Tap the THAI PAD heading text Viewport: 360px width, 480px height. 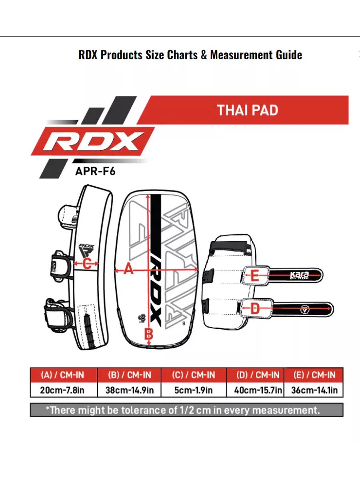(x=248, y=110)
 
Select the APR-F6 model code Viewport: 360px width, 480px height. (x=96, y=171)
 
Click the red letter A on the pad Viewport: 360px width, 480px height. (x=128, y=270)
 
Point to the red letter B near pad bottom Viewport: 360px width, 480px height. (x=149, y=333)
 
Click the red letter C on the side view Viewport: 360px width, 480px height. (x=87, y=263)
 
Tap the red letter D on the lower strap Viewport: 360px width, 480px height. (x=255, y=309)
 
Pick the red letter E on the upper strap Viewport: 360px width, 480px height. (x=255, y=276)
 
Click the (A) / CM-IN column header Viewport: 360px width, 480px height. (x=63, y=376)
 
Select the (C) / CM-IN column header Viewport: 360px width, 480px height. (x=194, y=376)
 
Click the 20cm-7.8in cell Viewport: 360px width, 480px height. (x=63, y=390)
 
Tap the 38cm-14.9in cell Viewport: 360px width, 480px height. (x=129, y=390)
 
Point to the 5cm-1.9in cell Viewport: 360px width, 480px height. (x=194, y=390)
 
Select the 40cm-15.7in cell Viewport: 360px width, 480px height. (x=255, y=390)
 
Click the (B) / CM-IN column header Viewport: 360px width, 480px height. (x=129, y=376)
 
